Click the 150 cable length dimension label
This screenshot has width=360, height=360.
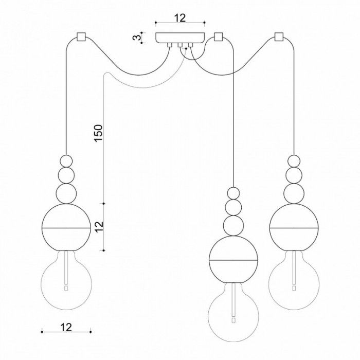(98, 133)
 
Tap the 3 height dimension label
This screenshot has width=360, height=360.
(137, 38)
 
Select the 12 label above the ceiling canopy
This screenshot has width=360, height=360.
(180, 17)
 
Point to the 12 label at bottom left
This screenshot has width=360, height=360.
(66, 327)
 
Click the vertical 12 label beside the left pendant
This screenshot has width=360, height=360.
(99, 227)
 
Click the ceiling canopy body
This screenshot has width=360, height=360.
(180, 38)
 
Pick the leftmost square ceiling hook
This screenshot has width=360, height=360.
(81, 37)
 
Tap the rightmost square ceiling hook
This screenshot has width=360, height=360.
(279, 37)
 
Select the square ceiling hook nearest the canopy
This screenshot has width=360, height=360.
(218, 37)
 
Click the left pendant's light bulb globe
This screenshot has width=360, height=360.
(66, 280)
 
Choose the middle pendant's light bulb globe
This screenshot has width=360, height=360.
(233, 312)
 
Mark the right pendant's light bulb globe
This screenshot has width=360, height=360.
(294, 280)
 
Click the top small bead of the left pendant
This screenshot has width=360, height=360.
(66, 161)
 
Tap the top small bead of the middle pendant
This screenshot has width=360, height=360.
(233, 193)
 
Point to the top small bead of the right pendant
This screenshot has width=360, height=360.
(294, 161)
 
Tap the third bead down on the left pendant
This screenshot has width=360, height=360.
(66, 193)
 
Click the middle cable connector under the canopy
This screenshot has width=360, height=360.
(180, 45)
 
